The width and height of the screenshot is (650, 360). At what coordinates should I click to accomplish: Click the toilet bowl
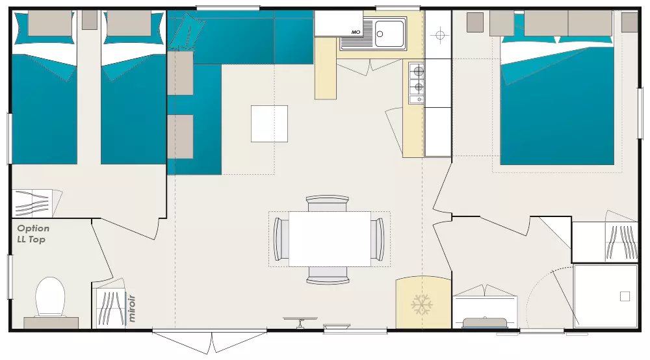point(50,296)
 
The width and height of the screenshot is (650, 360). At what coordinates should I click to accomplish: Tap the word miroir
point(132,308)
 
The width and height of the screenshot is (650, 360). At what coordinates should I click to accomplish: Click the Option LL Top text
point(33,234)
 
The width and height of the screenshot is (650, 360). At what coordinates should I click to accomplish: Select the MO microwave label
point(356,32)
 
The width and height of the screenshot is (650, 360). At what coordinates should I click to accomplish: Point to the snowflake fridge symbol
point(422,305)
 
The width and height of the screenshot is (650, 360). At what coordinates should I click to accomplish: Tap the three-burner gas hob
point(417,83)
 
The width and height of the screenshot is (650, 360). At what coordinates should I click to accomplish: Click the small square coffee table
point(269,123)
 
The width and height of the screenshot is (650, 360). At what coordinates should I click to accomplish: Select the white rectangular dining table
point(330,239)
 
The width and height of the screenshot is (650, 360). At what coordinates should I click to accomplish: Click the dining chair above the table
point(327,203)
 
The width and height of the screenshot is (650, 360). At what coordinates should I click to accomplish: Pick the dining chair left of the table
point(281,239)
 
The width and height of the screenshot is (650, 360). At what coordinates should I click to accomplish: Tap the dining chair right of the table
point(378,239)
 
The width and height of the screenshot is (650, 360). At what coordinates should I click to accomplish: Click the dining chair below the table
point(327,275)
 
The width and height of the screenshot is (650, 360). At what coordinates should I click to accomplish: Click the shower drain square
point(625,296)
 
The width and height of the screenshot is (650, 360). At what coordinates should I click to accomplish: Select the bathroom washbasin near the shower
point(485,323)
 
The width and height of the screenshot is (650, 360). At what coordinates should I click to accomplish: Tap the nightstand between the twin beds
point(89,20)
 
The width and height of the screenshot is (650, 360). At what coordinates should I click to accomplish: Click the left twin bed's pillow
point(50,23)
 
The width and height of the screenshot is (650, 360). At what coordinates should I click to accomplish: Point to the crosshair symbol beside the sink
point(440,35)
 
